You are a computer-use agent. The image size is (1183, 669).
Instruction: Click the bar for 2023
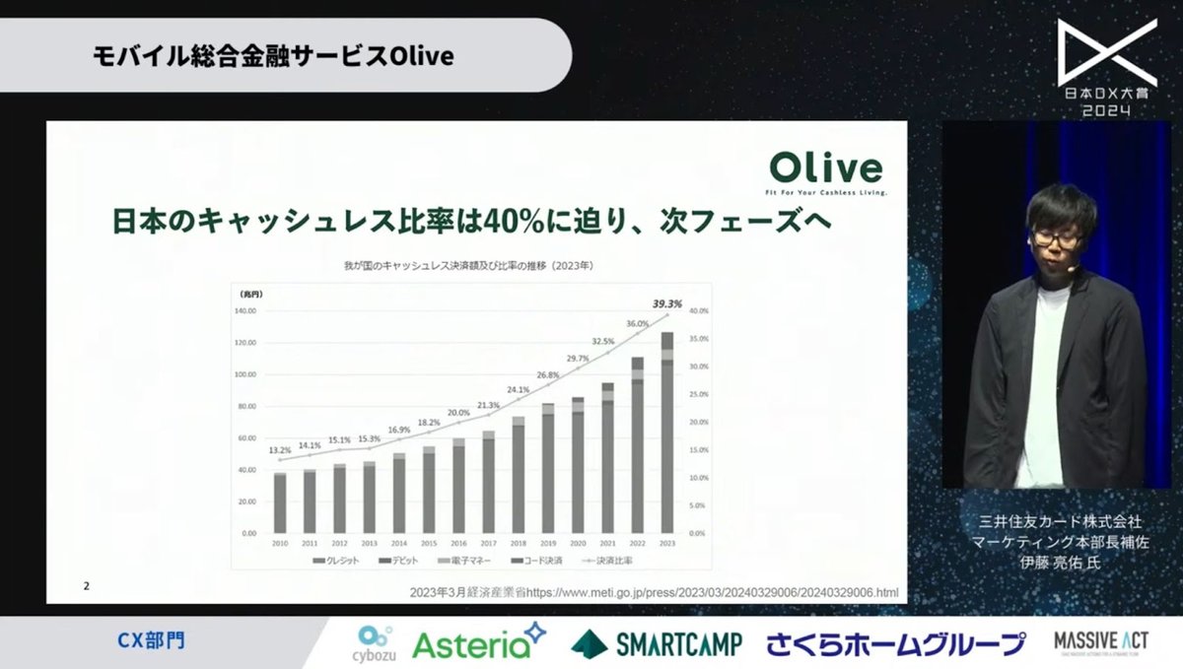point(667,434)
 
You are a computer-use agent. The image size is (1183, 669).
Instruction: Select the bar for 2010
point(280,502)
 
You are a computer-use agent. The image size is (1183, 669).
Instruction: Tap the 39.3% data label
point(667,302)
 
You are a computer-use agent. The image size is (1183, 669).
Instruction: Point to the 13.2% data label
point(280,450)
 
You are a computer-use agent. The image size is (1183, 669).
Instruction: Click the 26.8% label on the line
point(548,375)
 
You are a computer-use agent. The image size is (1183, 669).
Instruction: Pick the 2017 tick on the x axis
point(488,542)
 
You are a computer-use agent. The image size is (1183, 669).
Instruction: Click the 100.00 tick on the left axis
point(244,374)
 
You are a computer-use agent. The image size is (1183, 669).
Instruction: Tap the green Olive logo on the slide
point(826,169)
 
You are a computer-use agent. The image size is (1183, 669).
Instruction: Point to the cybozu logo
point(374,643)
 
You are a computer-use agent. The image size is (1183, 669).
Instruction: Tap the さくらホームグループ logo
point(896,644)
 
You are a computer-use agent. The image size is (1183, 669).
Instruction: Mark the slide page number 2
point(87,587)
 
